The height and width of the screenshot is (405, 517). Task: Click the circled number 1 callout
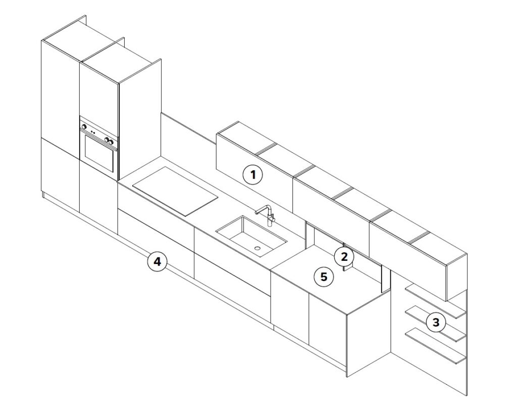click(x=253, y=174)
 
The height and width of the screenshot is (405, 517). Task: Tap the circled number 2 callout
click(x=344, y=256)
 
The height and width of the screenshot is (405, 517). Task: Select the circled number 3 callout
click(x=436, y=322)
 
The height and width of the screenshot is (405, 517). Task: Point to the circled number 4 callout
click(x=158, y=261)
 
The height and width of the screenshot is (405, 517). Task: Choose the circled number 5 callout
click(x=324, y=277)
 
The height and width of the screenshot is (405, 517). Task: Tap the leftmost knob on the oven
click(x=84, y=126)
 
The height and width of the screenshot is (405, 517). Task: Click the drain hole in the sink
click(x=257, y=248)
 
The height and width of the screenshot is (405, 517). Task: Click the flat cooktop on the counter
click(x=175, y=191)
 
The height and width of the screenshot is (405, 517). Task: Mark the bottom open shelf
click(x=435, y=345)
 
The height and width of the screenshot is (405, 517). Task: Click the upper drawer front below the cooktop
click(x=156, y=205)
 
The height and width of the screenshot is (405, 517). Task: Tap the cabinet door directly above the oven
click(x=99, y=89)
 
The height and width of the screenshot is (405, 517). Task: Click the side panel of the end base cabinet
click(x=369, y=333)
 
